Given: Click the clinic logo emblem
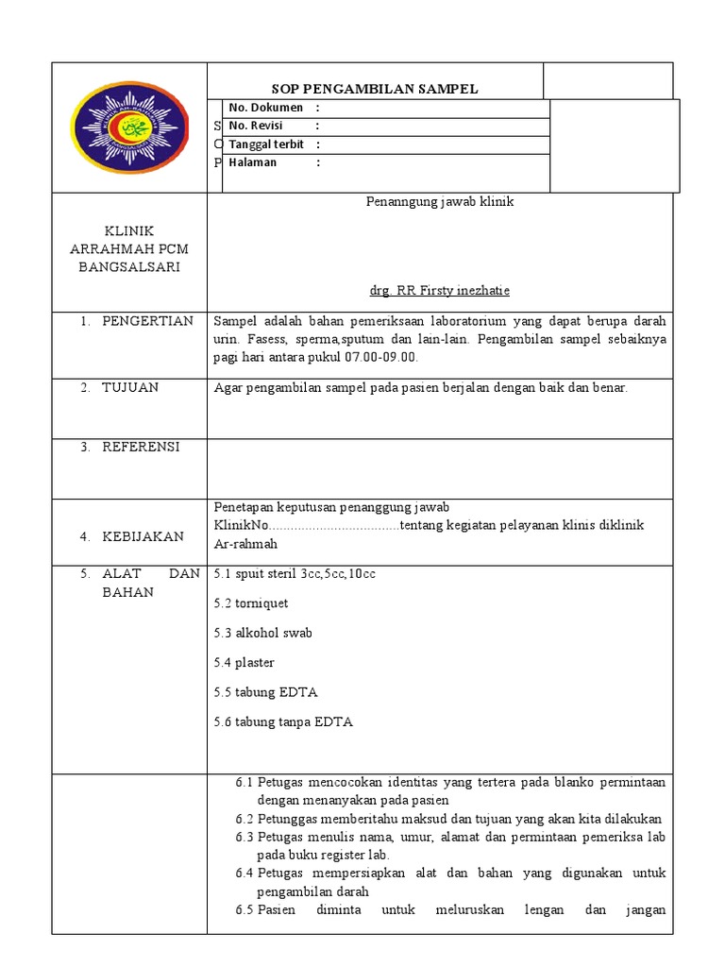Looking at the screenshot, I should coord(129,127).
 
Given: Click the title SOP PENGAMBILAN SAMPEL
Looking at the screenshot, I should coord(375,89).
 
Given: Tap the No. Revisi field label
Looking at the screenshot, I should coord(255,126).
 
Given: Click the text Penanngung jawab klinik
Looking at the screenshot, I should coord(439,202).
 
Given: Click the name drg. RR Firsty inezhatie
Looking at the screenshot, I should coord(439,291).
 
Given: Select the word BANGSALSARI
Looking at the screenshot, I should coord(129,267).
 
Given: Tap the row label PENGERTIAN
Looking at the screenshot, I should coord(147,321).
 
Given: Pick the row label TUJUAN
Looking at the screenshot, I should coord(130,387).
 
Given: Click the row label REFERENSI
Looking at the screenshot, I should coord(141,447).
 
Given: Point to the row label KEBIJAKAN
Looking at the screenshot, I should coord(143,536).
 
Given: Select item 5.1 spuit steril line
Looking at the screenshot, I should coord(295,573).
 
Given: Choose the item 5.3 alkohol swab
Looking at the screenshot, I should coord(262,633).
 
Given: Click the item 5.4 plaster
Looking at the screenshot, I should coord(244,663).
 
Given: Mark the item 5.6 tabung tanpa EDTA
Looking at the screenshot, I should coord(283,722).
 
